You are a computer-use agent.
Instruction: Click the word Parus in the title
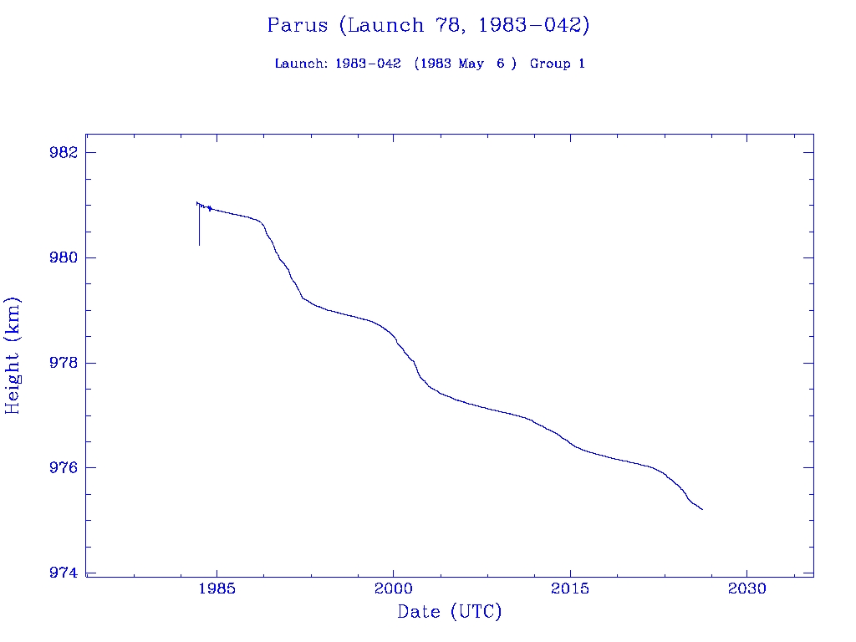click(x=298, y=25)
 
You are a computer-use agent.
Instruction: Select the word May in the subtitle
click(x=470, y=64)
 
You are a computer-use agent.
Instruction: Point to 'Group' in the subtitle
click(x=548, y=64)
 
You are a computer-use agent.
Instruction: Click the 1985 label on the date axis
click(x=217, y=588)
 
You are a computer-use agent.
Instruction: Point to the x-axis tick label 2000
click(x=393, y=588)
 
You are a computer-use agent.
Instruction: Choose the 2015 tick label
click(x=570, y=588)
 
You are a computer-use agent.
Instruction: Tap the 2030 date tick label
click(x=746, y=588)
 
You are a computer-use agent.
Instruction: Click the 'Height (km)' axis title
click(x=13, y=355)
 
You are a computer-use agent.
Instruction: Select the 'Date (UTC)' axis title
click(x=450, y=612)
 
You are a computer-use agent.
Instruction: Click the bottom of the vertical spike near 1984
click(x=199, y=245)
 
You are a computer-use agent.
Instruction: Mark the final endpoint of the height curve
click(x=702, y=509)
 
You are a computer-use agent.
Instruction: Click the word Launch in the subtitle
click(x=300, y=64)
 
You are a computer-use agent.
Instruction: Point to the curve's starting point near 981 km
click(x=196, y=202)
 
